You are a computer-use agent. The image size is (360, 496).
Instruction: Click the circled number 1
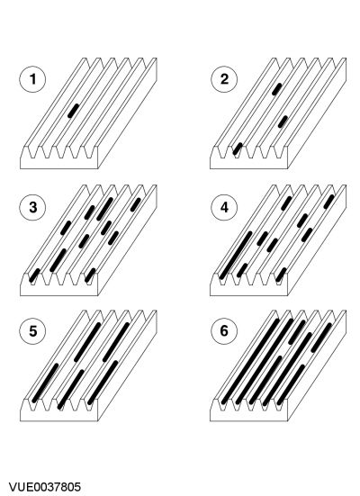tap(32, 79)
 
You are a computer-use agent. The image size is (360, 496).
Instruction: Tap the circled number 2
tap(224, 79)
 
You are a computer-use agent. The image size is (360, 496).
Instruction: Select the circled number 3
tap(32, 207)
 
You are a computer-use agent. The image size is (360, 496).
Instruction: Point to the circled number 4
tap(224, 207)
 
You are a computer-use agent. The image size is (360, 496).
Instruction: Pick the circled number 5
tap(32, 331)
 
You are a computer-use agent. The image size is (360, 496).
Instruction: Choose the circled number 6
tap(224, 331)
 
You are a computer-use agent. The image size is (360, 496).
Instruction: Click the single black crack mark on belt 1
tap(74, 111)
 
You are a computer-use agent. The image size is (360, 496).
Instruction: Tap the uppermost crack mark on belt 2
tap(277, 89)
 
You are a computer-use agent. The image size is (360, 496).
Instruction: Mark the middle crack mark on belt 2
tap(283, 122)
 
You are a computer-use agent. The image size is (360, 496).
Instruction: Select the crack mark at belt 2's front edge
tap(238, 149)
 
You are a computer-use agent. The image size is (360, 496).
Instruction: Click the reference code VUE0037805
tap(45, 487)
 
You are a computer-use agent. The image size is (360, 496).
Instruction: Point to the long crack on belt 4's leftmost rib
tap(236, 256)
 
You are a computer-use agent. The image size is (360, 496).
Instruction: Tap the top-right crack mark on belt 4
tap(329, 202)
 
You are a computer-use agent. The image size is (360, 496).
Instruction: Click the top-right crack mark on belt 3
tap(135, 204)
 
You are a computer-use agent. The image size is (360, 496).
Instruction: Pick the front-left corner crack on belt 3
tap(34, 275)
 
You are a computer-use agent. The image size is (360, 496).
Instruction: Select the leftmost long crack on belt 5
tap(46, 383)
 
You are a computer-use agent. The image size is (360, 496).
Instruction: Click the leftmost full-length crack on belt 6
tap(250, 362)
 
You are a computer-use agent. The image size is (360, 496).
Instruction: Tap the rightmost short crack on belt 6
tap(321, 338)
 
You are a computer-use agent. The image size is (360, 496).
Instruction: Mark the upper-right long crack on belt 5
tap(116, 342)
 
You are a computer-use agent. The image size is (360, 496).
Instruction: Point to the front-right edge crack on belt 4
tap(281, 275)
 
